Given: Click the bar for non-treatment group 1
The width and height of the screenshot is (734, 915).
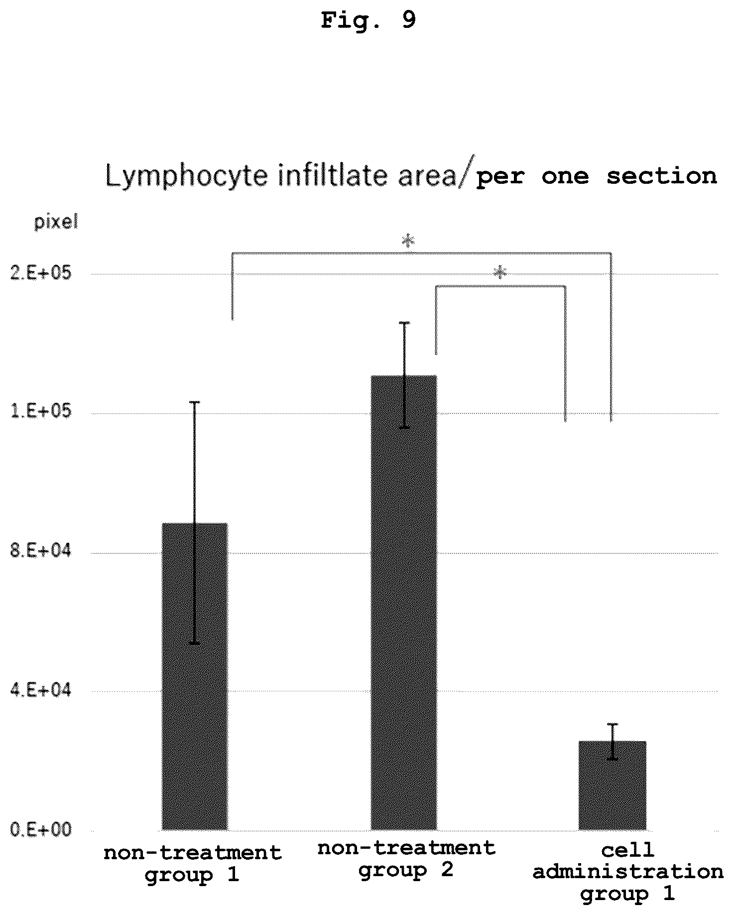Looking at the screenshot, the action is coord(195,676).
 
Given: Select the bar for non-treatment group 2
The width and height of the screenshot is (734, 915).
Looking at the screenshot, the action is coord(404,602).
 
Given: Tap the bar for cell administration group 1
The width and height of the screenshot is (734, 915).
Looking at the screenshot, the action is coord(612,785).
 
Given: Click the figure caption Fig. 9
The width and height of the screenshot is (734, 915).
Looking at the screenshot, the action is coord(368,20).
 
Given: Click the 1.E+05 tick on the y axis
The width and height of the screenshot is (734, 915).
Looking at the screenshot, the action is coord(41,412).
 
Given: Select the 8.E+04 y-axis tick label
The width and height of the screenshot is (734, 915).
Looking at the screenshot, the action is coord(41,552).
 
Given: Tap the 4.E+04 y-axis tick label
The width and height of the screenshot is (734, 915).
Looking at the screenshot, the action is coord(41,691).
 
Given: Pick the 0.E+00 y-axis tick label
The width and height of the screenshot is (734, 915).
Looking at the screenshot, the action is coord(41,830).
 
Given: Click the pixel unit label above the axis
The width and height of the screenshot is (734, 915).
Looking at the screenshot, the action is coord(56,222).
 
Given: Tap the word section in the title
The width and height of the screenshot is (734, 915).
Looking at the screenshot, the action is coord(661,176).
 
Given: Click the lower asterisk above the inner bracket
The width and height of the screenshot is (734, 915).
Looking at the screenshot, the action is coord(500,273).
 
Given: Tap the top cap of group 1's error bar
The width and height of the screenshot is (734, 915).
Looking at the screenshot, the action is coord(195,401).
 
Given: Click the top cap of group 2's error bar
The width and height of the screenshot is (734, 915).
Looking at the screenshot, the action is coord(404,322).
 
